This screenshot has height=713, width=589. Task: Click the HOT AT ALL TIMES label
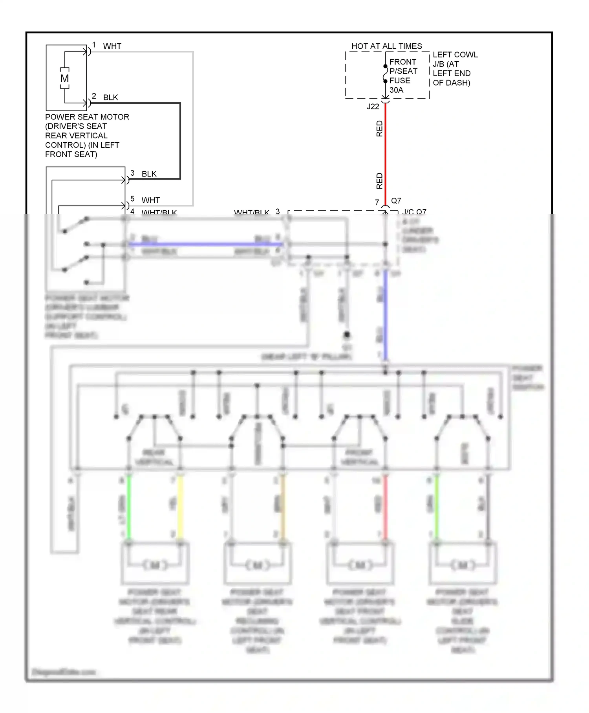tap(386, 46)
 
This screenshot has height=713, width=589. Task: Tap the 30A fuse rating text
tap(396, 90)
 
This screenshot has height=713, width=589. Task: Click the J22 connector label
tap(373, 107)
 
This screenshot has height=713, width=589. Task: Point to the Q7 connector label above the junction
tap(396, 200)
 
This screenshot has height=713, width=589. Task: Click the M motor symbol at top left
tap(65, 78)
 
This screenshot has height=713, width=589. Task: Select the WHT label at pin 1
tap(112, 46)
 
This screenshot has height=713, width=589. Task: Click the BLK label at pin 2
tap(110, 97)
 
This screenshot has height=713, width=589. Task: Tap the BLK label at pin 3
tap(149, 174)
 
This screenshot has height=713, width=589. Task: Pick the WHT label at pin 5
tap(150, 200)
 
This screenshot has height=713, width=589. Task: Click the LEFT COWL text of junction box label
tap(455, 55)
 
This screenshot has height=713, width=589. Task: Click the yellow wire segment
tap(180, 507)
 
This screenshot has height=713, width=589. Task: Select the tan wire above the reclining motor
tap(283, 507)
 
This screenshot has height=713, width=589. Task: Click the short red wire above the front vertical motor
tap(385, 507)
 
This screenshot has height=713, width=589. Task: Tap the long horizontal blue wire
tap(204, 244)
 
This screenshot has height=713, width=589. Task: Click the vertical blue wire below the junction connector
tap(386, 314)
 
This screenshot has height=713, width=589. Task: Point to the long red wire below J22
tap(385, 153)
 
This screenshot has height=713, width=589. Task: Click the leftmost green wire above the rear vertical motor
tap(128, 507)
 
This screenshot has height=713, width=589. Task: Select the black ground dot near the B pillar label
tap(347, 335)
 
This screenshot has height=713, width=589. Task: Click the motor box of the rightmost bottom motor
tap(463, 563)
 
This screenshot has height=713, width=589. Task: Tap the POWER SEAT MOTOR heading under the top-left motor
tap(87, 117)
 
